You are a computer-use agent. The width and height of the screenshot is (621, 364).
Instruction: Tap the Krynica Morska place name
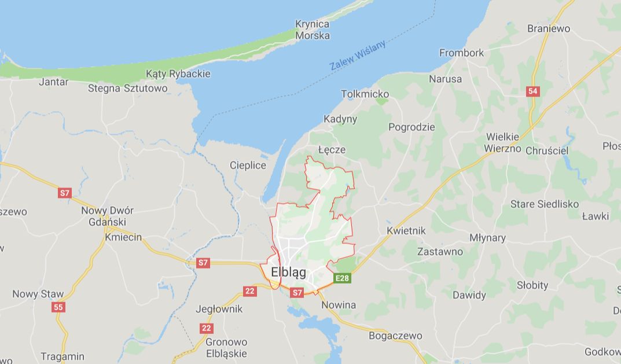(313, 30)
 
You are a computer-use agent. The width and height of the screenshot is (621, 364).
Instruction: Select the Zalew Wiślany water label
(358, 57)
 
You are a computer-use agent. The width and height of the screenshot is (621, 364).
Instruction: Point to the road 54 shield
(533, 91)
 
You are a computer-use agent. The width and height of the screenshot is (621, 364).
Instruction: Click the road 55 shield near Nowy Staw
(58, 307)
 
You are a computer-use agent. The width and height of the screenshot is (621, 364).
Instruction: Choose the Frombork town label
(461, 53)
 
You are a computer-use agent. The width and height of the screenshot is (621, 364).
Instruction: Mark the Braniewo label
(549, 28)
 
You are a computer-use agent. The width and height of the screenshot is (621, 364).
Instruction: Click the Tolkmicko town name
(365, 94)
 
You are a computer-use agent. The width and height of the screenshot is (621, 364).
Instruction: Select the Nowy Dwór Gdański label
(107, 216)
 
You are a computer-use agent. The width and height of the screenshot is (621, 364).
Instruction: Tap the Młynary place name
(487, 238)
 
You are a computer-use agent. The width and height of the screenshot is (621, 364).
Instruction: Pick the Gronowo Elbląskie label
(226, 347)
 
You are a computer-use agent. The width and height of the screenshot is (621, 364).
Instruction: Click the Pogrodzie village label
(411, 127)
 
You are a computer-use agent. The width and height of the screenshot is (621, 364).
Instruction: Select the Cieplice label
(248, 166)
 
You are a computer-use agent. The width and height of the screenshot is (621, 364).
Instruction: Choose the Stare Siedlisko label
(544, 204)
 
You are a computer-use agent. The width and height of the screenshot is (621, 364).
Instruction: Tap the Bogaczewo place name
(396, 336)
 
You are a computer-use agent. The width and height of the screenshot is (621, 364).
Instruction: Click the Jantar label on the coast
(53, 82)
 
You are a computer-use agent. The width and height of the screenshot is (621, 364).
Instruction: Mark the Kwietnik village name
(406, 231)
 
